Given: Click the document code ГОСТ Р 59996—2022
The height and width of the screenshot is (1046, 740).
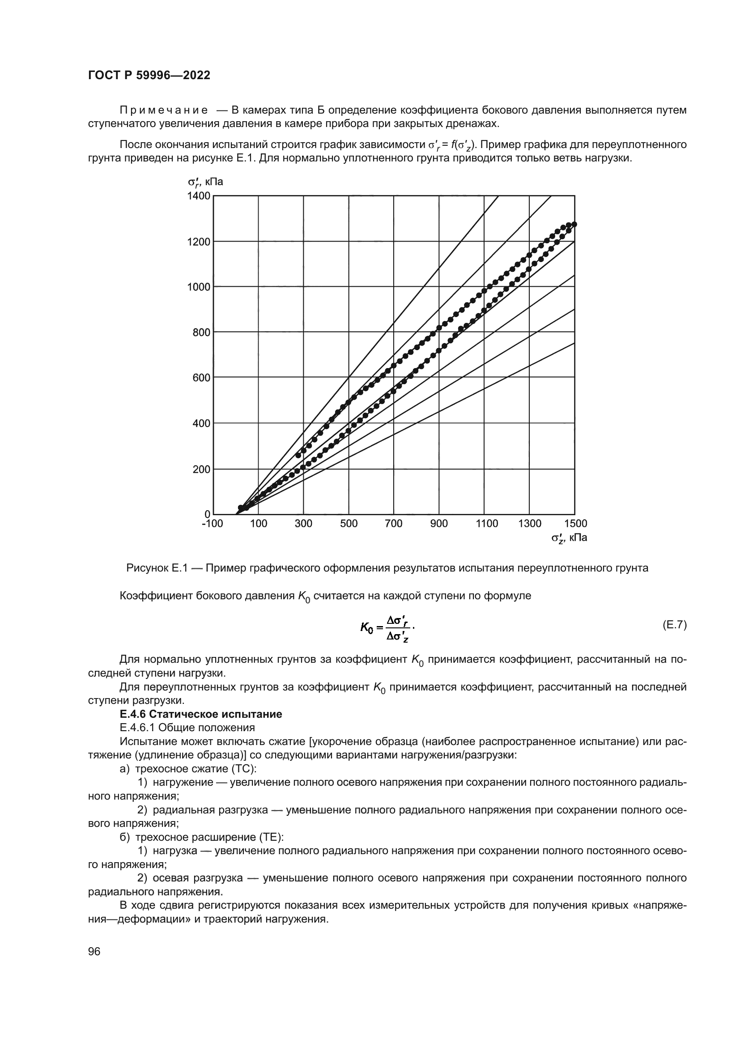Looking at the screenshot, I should (149, 76).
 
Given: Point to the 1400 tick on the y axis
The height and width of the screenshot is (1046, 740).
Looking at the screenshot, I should (199, 196).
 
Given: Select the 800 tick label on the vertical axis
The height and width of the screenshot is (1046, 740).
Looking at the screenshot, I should (201, 333).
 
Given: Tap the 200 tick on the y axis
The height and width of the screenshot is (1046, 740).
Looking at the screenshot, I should (201, 469).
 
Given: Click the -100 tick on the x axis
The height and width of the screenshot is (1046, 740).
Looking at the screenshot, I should (213, 524).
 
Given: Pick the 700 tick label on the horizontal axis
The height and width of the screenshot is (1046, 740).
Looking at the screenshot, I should (394, 524).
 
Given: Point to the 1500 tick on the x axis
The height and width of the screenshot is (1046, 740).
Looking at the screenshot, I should (575, 524).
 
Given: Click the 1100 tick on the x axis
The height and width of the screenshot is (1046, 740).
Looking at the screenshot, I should (487, 524).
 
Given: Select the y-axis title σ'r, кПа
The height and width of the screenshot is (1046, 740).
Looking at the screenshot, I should (205, 182).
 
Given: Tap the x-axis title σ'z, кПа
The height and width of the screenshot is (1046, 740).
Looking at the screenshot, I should (569, 538).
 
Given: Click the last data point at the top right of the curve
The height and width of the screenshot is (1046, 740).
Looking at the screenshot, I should (574, 224).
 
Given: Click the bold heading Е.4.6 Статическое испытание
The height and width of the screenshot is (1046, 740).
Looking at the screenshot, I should (201, 714).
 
